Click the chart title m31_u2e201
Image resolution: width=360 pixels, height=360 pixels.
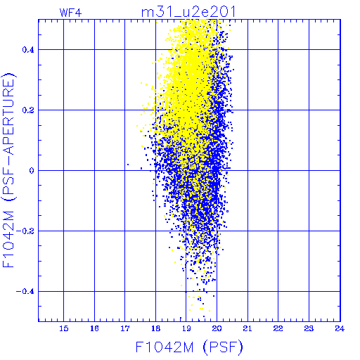(188, 12)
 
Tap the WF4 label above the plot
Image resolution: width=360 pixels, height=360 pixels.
(70, 13)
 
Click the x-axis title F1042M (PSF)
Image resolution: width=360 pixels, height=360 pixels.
(189, 347)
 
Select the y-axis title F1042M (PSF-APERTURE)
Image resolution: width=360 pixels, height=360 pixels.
(8, 170)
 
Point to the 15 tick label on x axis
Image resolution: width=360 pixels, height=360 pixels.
(64, 328)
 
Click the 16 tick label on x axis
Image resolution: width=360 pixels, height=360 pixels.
(94, 328)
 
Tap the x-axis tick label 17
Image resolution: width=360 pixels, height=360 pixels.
(125, 328)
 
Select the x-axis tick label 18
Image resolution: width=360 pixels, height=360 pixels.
(155, 328)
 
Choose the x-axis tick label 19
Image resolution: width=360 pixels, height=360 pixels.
(186, 328)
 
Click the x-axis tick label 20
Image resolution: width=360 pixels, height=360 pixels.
(217, 328)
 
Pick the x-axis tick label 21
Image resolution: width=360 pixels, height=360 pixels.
(247, 328)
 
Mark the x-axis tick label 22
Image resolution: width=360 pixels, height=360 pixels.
(278, 328)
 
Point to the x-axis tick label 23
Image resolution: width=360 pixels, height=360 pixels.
(309, 328)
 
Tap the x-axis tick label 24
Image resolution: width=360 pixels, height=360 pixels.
(340, 328)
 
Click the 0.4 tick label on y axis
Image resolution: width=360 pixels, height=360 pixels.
(28, 50)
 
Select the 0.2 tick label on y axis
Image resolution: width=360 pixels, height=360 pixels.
(28, 110)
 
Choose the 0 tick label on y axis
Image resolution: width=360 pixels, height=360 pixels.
(32, 171)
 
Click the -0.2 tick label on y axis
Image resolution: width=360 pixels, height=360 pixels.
(25, 231)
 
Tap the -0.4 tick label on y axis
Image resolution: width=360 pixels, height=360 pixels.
(25, 292)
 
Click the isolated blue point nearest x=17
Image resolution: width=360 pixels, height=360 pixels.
(128, 165)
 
